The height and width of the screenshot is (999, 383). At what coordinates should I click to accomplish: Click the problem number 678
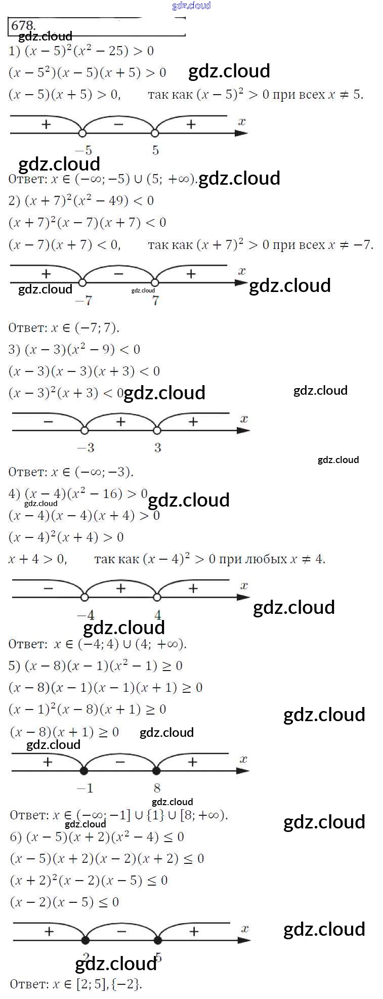tap(23, 25)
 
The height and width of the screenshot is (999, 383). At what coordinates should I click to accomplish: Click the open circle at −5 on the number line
tap(82, 133)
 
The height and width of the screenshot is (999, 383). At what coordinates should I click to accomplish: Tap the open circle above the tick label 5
tap(155, 133)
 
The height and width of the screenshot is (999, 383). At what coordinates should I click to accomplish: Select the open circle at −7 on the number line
tap(82, 282)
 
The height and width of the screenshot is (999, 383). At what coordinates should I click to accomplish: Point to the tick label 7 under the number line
tap(155, 300)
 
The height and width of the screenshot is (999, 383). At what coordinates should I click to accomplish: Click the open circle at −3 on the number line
tap(84, 430)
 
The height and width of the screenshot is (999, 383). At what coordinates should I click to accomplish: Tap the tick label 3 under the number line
tap(157, 447)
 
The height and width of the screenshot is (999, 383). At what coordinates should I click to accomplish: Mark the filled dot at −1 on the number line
tap(84, 771)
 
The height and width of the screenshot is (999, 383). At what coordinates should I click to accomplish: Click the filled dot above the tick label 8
tap(156, 771)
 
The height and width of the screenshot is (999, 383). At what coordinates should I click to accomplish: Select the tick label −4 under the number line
tap(86, 615)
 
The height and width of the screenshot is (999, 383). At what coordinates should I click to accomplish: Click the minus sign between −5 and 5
tap(119, 124)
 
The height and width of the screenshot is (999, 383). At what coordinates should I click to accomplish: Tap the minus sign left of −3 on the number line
tap(48, 421)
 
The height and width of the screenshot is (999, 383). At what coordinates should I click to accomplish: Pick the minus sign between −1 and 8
tap(120, 762)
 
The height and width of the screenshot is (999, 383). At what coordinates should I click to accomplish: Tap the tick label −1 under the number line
tap(84, 788)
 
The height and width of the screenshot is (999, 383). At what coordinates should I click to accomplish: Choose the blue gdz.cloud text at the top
tap(191, 6)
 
